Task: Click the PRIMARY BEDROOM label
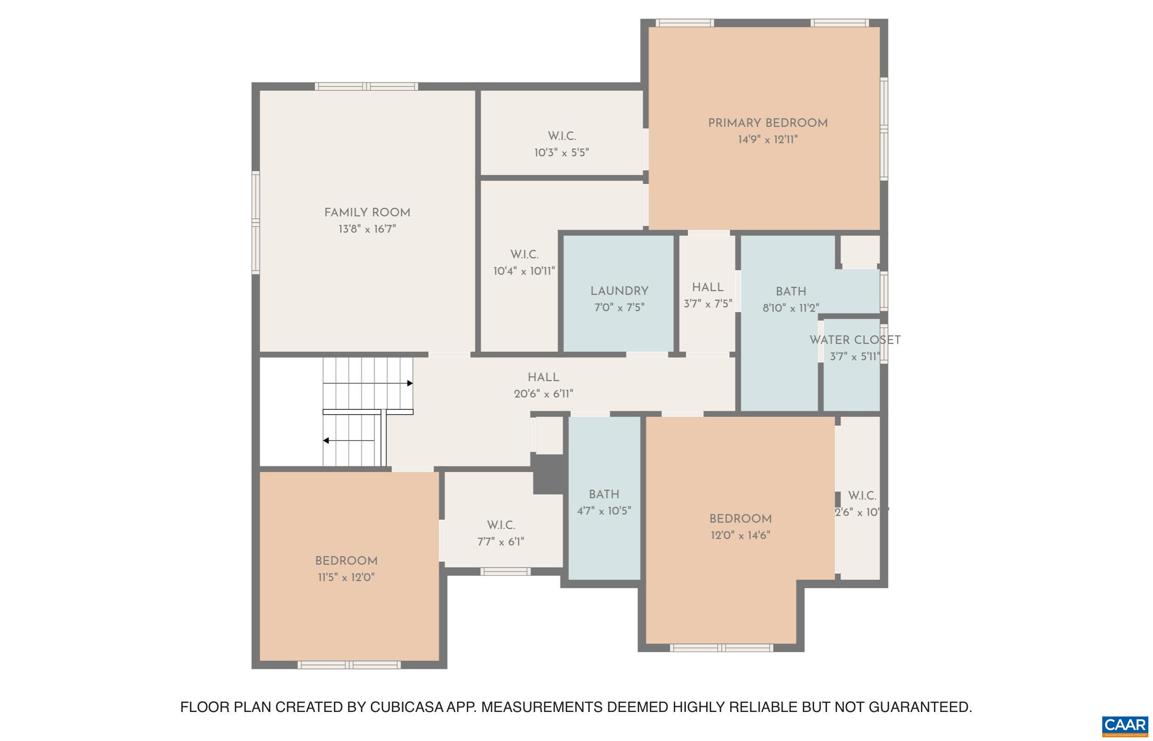767,123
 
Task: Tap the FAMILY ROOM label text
367,213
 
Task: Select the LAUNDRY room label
619,291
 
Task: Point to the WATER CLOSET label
855,340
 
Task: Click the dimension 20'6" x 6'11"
543,394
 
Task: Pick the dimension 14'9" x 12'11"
767,140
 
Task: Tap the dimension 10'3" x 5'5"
561,153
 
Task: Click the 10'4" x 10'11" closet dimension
524,271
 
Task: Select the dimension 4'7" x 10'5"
604,511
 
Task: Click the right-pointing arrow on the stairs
410,383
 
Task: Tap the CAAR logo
1124,726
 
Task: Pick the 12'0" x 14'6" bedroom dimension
740,535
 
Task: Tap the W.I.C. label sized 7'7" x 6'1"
501,525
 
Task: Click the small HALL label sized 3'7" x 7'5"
707,287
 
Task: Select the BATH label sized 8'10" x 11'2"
790,292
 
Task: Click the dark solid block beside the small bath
549,474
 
